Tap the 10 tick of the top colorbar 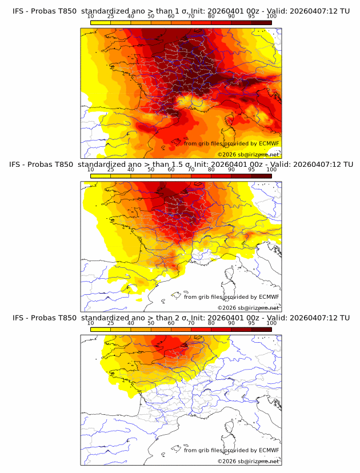91,17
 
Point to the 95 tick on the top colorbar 251,17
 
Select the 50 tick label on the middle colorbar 151,170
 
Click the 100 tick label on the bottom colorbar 271,323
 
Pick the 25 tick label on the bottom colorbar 111,323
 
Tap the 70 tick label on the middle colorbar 191,170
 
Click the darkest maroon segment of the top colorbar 261,22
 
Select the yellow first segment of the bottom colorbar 101,329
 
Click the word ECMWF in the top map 269,143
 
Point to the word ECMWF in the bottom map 269,450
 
